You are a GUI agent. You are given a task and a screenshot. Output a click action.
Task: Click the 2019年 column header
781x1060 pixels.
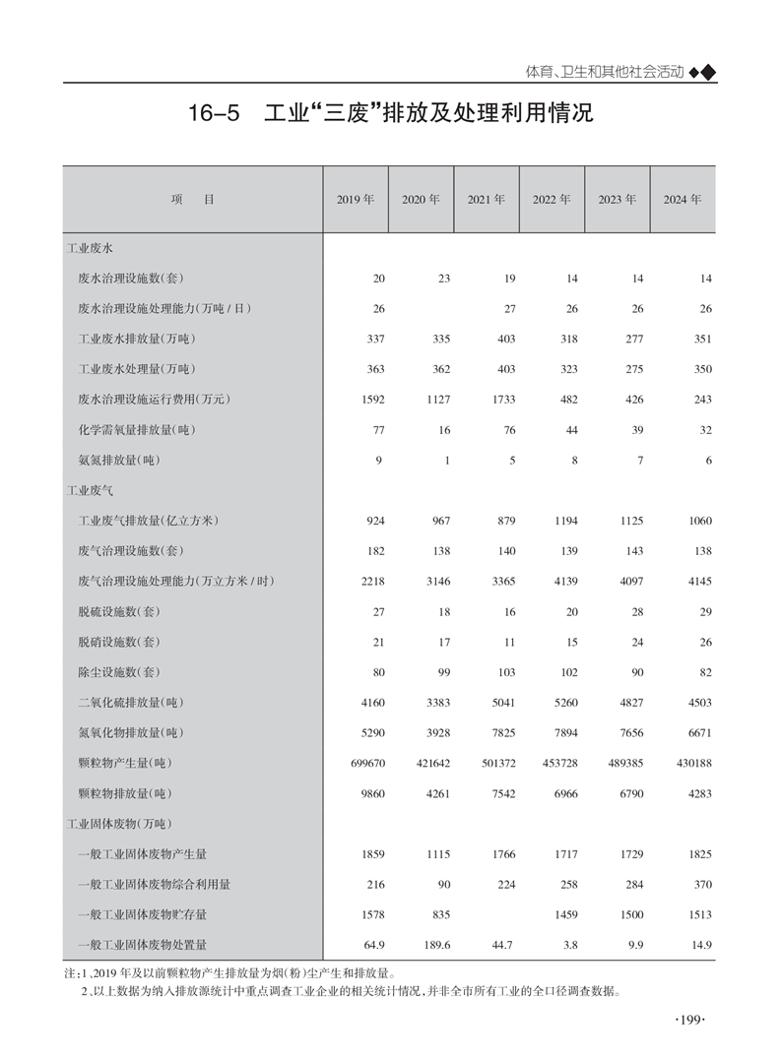tap(355, 199)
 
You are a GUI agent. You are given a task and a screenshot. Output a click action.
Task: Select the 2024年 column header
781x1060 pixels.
tap(682, 199)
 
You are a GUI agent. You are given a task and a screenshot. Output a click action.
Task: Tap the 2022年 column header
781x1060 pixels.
tap(552, 199)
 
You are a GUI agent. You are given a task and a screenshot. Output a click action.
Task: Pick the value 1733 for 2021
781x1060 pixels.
tap(502, 400)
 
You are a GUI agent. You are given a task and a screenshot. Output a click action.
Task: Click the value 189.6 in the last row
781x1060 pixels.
tap(435, 945)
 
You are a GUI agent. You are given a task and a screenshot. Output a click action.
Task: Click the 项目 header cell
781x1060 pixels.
tap(192, 199)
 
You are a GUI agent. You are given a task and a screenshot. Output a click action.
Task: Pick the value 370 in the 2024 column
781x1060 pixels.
tap(701, 885)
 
